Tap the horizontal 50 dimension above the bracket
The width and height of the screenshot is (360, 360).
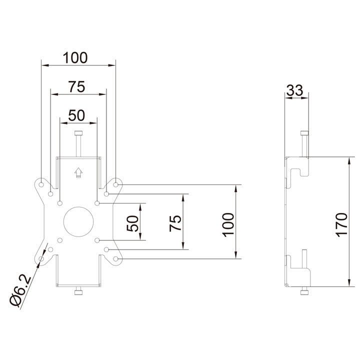point(76,115)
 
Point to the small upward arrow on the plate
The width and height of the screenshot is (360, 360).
point(77,172)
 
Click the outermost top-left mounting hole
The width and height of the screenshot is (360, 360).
point(40,184)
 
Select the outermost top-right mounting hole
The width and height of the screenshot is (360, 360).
point(115,184)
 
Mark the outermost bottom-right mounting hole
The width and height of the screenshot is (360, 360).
point(115,258)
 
